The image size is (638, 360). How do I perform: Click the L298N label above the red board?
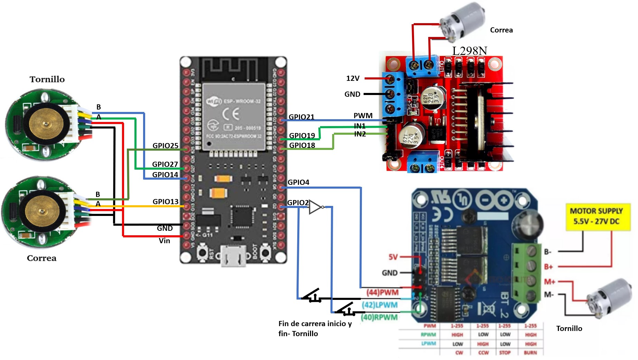(x=469, y=51)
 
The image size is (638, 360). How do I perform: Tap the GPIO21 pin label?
(x=301, y=117)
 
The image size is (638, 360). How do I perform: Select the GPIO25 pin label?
(x=165, y=145)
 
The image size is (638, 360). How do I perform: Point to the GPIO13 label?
(x=165, y=201)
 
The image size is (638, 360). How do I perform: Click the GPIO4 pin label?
(x=298, y=182)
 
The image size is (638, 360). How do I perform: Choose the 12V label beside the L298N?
(x=353, y=78)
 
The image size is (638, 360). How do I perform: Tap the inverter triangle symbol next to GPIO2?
(x=315, y=207)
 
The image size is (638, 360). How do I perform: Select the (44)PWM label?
(x=382, y=292)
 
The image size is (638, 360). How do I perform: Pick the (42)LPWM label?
(x=379, y=305)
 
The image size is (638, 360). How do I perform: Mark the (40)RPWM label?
(x=379, y=317)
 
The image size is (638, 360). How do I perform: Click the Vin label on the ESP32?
(x=164, y=241)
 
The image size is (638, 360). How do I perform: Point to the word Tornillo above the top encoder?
(x=47, y=79)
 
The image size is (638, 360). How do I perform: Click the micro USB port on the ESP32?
(x=233, y=256)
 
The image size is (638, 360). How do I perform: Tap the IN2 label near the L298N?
(x=360, y=134)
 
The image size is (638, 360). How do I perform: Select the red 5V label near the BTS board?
(x=393, y=257)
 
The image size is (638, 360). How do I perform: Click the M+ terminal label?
(x=549, y=282)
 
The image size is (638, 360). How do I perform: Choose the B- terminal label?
(x=547, y=252)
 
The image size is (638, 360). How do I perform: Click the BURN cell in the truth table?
(x=530, y=353)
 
